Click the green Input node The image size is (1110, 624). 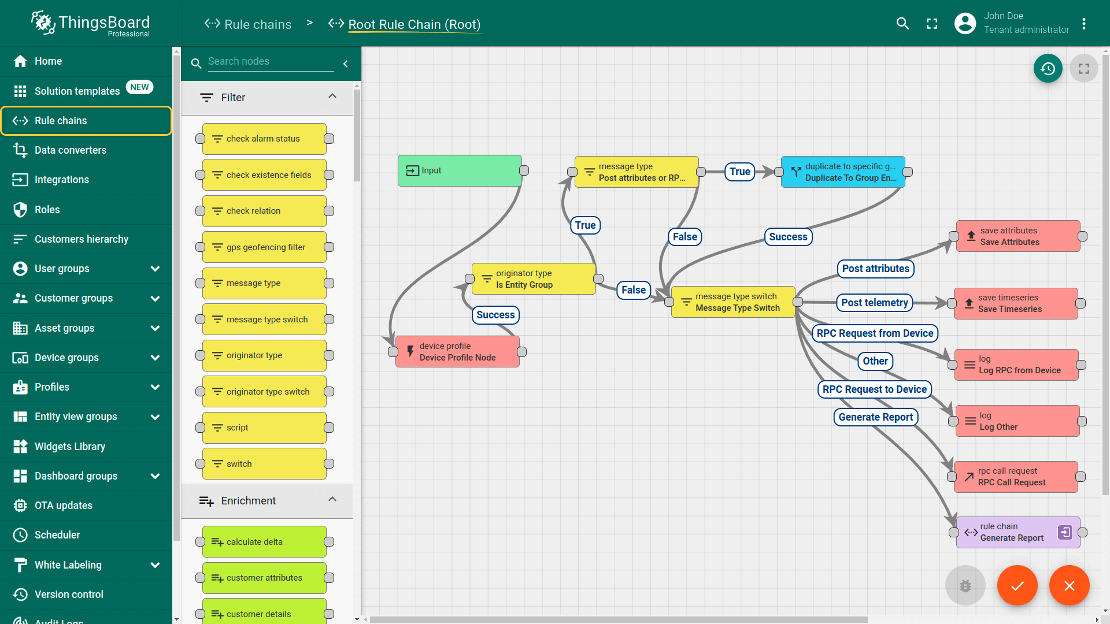pos(460,170)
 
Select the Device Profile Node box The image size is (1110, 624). pos(457,352)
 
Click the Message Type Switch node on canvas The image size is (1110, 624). pos(733,302)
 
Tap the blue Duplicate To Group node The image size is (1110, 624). pos(843,172)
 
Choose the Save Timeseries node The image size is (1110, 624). pos(1016,303)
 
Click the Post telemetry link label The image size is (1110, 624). pos(874,303)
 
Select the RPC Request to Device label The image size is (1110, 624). pos(874,389)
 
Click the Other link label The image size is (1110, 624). pos(875,361)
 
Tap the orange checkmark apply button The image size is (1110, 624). pos(1017,585)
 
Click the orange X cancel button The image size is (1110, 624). pos(1069,585)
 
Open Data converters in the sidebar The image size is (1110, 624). pos(71,150)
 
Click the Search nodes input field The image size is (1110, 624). pos(271,61)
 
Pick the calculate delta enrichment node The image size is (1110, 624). pos(264,542)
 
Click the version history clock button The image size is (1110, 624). pos(1048,69)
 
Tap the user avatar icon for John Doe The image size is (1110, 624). pos(965,23)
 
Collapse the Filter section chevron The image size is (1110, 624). pos(332,96)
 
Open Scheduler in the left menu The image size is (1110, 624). pos(57,535)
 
